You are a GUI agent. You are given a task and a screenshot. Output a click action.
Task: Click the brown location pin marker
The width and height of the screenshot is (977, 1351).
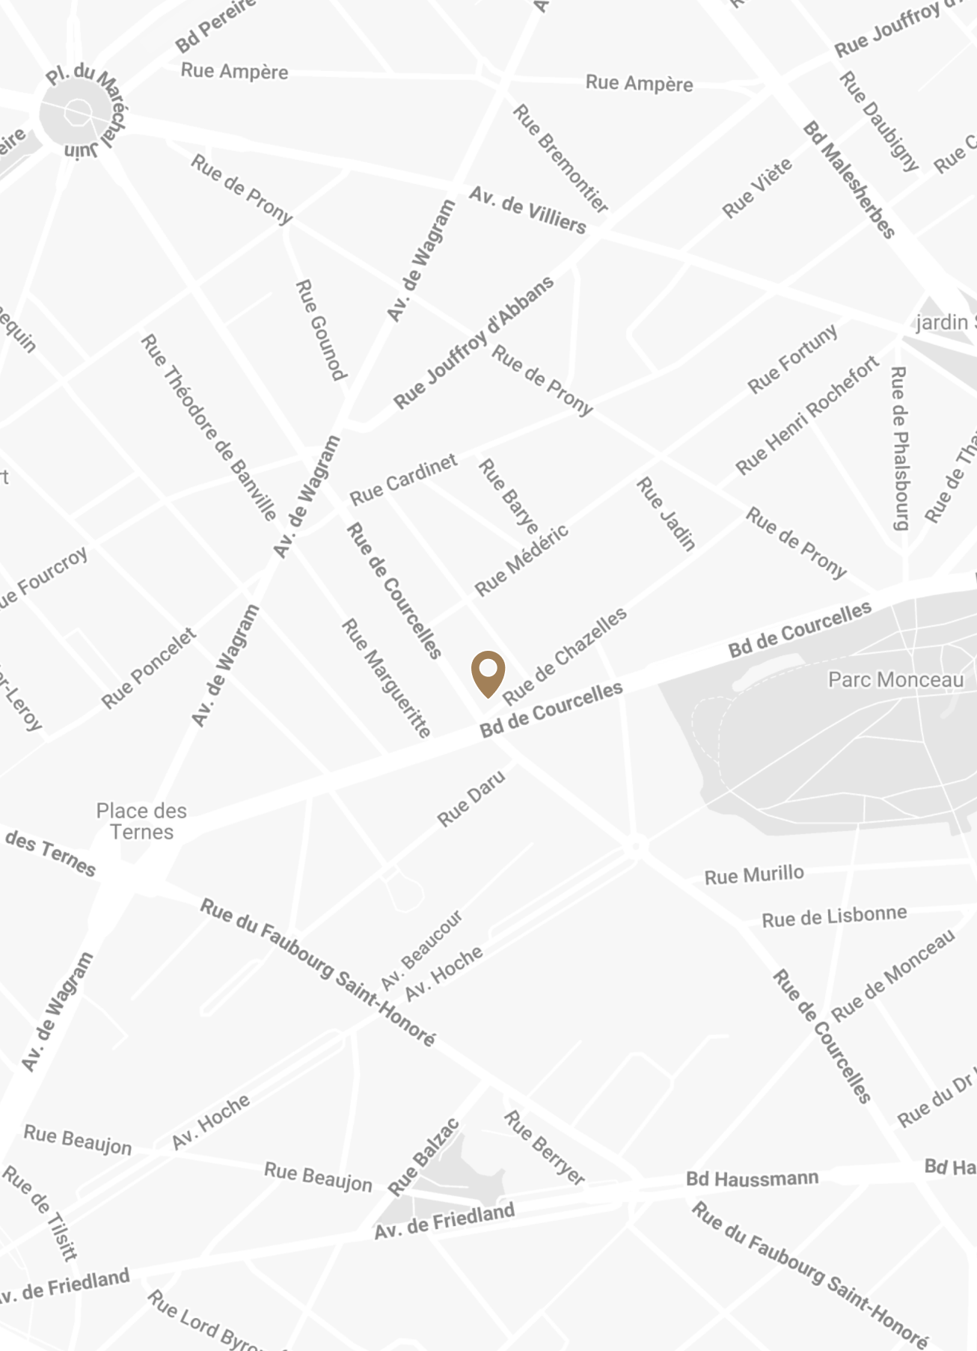tap(488, 673)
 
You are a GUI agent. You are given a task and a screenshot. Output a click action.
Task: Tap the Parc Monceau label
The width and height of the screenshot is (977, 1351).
tap(895, 679)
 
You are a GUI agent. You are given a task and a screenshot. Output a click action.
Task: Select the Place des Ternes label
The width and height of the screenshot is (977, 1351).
tap(141, 821)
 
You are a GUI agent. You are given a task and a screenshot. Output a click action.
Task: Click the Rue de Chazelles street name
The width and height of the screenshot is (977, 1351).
tap(565, 655)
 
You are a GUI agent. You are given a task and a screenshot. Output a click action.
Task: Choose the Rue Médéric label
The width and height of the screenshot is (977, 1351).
tap(521, 560)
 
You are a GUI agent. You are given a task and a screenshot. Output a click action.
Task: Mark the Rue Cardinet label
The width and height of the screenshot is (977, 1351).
tap(403, 480)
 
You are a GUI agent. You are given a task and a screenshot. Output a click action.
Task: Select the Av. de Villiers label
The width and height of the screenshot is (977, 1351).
tap(527, 211)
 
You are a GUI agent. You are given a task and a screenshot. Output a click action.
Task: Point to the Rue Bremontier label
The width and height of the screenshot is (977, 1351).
tap(560, 158)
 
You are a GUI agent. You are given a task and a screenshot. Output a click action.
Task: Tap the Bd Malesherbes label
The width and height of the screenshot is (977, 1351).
tap(849, 180)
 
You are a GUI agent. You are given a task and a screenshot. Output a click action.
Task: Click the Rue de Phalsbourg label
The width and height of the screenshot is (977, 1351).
tap(899, 448)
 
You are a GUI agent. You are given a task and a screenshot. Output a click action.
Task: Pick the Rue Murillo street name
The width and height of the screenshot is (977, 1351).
tap(754, 874)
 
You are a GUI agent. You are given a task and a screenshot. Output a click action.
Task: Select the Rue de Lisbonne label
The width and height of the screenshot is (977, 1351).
tap(834, 916)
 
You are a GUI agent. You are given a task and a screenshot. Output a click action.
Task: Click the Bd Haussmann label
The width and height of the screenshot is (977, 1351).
tap(753, 1178)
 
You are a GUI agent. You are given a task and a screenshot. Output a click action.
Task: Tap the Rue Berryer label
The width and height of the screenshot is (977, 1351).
tap(544, 1147)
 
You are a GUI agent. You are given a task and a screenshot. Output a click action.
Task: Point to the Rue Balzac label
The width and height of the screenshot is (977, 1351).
tap(423, 1157)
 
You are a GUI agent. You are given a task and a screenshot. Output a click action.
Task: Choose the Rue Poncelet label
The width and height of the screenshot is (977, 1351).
tap(149, 668)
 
